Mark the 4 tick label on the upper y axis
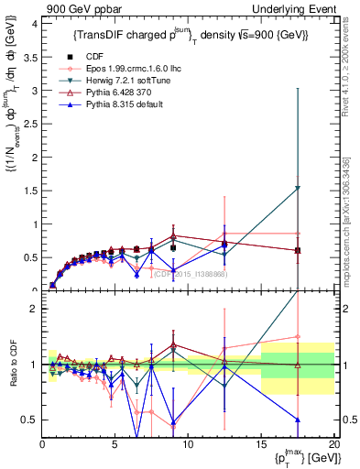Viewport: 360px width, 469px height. [34, 23]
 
